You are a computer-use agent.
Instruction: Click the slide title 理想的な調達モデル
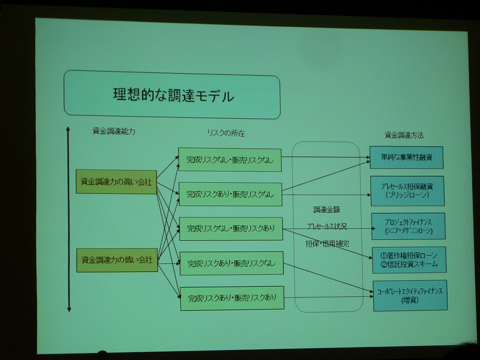tap(173, 96)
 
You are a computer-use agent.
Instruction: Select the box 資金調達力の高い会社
tap(116, 182)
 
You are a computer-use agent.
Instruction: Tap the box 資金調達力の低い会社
tap(117, 260)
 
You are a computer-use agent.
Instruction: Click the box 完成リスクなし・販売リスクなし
tap(230, 160)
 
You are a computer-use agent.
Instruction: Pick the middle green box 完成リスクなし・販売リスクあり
tap(231, 229)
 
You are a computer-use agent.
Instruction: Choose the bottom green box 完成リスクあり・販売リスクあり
tap(232, 298)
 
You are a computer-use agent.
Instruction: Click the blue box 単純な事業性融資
tap(406, 157)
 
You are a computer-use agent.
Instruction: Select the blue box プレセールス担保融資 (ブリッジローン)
tap(407, 191)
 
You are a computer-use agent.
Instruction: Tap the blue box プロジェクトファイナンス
tap(408, 226)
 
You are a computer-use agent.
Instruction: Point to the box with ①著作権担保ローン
tap(409, 260)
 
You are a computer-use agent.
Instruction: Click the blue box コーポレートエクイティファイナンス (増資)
tap(410, 295)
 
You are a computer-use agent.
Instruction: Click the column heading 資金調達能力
tap(114, 132)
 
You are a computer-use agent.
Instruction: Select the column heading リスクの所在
tap(226, 133)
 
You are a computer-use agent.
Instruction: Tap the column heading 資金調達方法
tap(404, 135)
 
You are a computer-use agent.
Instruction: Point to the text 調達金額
tap(327, 210)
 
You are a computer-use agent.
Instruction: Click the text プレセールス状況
tap(327, 226)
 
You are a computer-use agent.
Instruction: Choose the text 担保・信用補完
tap(327, 244)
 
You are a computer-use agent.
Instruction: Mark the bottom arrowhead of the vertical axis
tap(69, 309)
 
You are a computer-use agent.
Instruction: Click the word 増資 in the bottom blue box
tap(410, 300)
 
